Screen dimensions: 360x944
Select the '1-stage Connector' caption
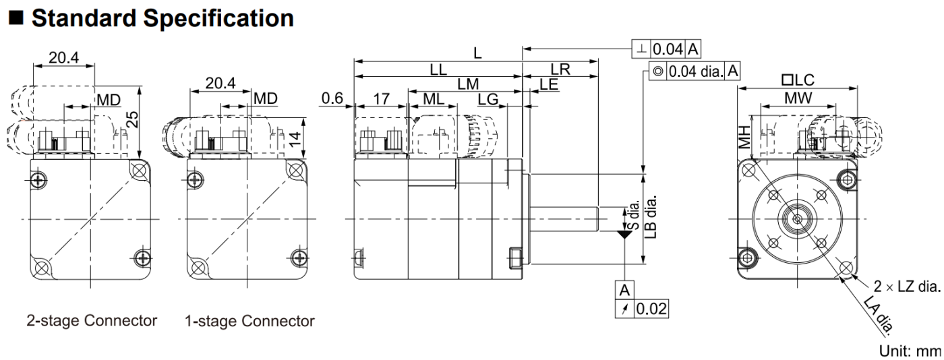coord(249,322)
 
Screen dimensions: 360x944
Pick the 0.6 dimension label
coord(332,99)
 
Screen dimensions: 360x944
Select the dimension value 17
coord(381,99)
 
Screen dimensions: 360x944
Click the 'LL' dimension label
coord(438,70)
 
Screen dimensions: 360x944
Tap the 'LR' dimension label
coord(560,70)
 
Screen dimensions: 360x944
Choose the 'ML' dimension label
coord(432,99)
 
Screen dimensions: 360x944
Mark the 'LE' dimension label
coord(549,84)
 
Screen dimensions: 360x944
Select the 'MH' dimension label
coord(744,139)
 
